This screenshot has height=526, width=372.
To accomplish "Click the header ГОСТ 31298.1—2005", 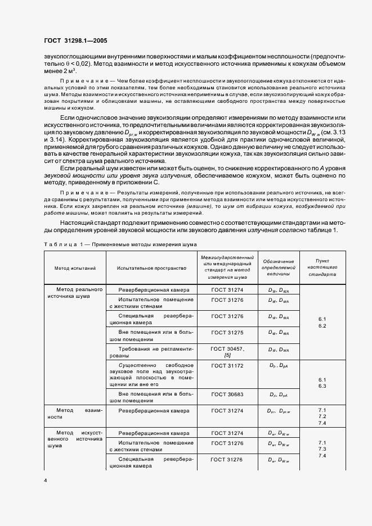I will click(x=75, y=40).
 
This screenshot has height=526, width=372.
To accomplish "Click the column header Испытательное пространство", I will click(x=151, y=268).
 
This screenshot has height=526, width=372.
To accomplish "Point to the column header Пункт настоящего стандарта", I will click(x=325, y=268).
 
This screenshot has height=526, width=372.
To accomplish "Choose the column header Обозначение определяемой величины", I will click(x=278, y=268).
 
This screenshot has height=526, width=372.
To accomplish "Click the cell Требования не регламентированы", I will click(x=151, y=352).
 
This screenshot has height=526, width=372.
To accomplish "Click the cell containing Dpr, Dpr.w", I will click(x=278, y=411).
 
